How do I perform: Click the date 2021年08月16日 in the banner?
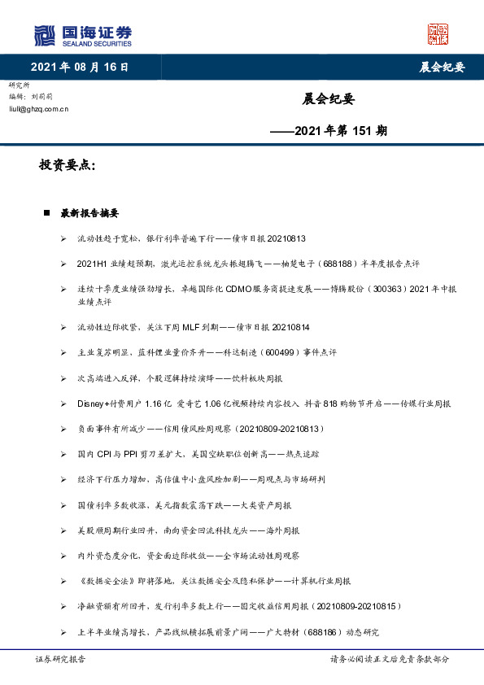pos(80,68)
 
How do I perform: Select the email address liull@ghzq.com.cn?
pos(38,108)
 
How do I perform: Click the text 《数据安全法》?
pos(101,581)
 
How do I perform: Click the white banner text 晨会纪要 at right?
pos(442,68)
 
